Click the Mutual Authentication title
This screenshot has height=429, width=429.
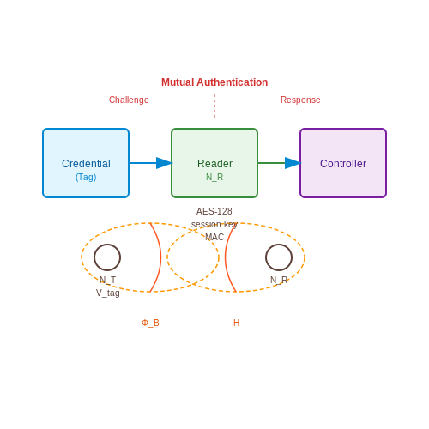click(x=214, y=82)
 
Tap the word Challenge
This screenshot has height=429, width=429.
click(x=129, y=100)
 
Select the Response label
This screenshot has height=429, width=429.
click(x=300, y=100)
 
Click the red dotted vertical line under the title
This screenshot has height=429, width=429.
click(x=214, y=106)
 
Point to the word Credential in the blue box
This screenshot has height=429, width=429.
click(x=86, y=164)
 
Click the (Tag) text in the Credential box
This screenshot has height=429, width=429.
click(x=86, y=178)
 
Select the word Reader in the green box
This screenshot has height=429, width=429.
click(x=214, y=164)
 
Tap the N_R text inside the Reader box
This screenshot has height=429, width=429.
click(x=214, y=178)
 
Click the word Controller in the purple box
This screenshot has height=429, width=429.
click(x=343, y=164)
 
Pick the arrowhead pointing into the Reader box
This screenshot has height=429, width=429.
click(x=164, y=163)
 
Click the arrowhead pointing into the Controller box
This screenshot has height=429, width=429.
click(x=293, y=163)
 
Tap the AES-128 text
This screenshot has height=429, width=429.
click(x=214, y=211)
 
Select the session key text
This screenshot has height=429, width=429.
click(x=214, y=224)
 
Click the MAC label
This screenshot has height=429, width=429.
click(x=214, y=237)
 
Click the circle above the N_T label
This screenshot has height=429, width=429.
click(x=107, y=245)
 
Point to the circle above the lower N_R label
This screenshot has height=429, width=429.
click(x=279, y=245)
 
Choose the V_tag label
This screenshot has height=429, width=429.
click(x=108, y=293)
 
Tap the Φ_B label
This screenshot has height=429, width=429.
click(x=150, y=323)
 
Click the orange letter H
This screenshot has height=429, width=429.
click(x=236, y=323)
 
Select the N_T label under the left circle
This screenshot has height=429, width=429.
click(x=108, y=280)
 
